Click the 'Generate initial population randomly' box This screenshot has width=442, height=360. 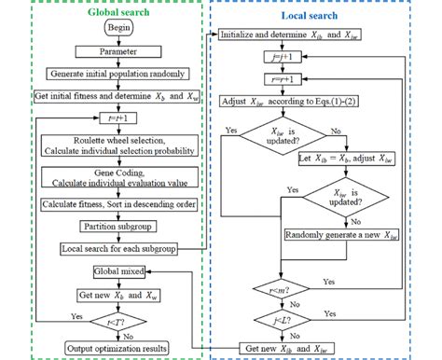(x=113, y=74)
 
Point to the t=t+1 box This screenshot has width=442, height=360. (x=113, y=118)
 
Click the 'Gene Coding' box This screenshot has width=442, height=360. (x=113, y=179)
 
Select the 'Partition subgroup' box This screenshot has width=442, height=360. (x=113, y=226)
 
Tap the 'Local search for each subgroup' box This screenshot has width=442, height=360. (x=113, y=248)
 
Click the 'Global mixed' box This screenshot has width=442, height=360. (x=113, y=271)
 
